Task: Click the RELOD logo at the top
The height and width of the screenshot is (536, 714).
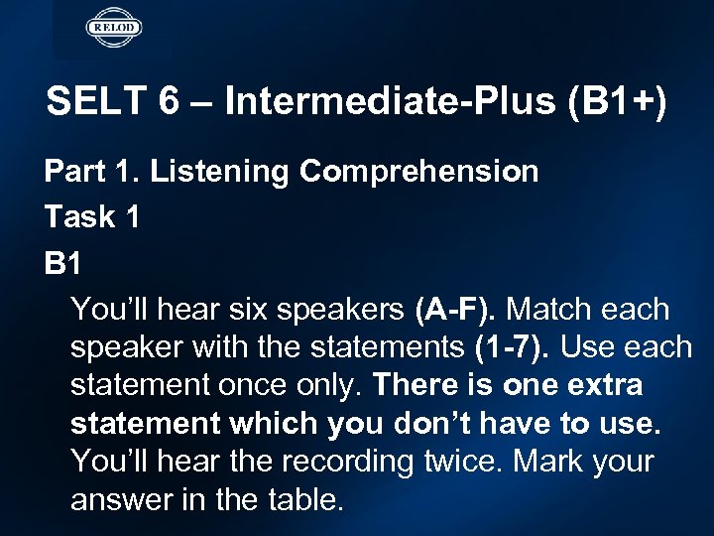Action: [114, 27]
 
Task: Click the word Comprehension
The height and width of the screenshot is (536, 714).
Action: [419, 173]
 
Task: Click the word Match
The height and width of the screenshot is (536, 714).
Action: [556, 310]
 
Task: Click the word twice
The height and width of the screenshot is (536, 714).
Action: [450, 463]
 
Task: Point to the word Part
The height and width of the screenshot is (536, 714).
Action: [72, 173]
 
